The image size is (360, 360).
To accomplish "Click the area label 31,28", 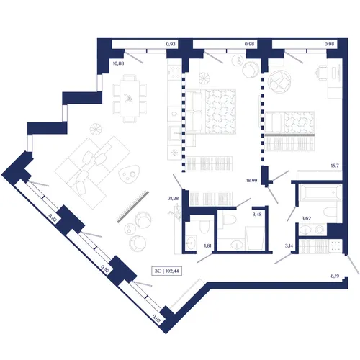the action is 174,199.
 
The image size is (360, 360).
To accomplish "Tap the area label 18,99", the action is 252,180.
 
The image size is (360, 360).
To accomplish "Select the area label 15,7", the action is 335,166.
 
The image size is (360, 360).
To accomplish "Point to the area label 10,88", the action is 118,63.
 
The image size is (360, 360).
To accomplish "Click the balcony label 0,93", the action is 171,44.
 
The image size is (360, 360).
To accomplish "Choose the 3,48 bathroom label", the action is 257,215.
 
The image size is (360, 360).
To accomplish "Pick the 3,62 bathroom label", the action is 306,218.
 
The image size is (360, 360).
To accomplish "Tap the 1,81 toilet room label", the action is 207,246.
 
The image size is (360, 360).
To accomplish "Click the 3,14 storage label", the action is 289,246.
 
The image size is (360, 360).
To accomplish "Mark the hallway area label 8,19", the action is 335,276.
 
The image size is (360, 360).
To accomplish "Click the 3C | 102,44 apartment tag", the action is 166,271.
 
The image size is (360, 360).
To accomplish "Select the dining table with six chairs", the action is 130,99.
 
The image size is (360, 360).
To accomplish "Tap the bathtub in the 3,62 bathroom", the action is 320,192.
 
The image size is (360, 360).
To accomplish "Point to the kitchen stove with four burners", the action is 174,72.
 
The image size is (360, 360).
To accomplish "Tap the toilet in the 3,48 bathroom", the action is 228,220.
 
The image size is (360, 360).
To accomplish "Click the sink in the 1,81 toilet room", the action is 192,243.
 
